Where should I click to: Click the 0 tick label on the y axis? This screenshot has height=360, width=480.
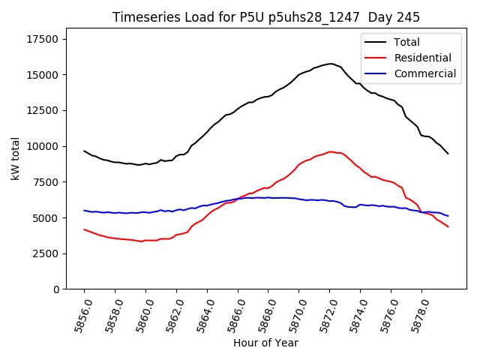pos(57,289)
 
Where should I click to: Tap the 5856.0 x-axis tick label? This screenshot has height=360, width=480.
pos(78,315)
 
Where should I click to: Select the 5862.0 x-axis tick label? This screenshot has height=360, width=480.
pos(170,315)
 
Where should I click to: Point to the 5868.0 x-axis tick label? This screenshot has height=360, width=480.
pos(262,315)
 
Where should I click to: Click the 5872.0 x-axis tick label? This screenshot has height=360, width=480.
pos(323,315)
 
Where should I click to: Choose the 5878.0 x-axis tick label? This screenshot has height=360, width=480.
pos(415,315)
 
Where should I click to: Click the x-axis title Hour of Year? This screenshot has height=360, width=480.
pos(265,343)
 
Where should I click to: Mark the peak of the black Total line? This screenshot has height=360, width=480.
pos(330,64)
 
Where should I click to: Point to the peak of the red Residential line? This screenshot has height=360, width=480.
pos(330,151)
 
